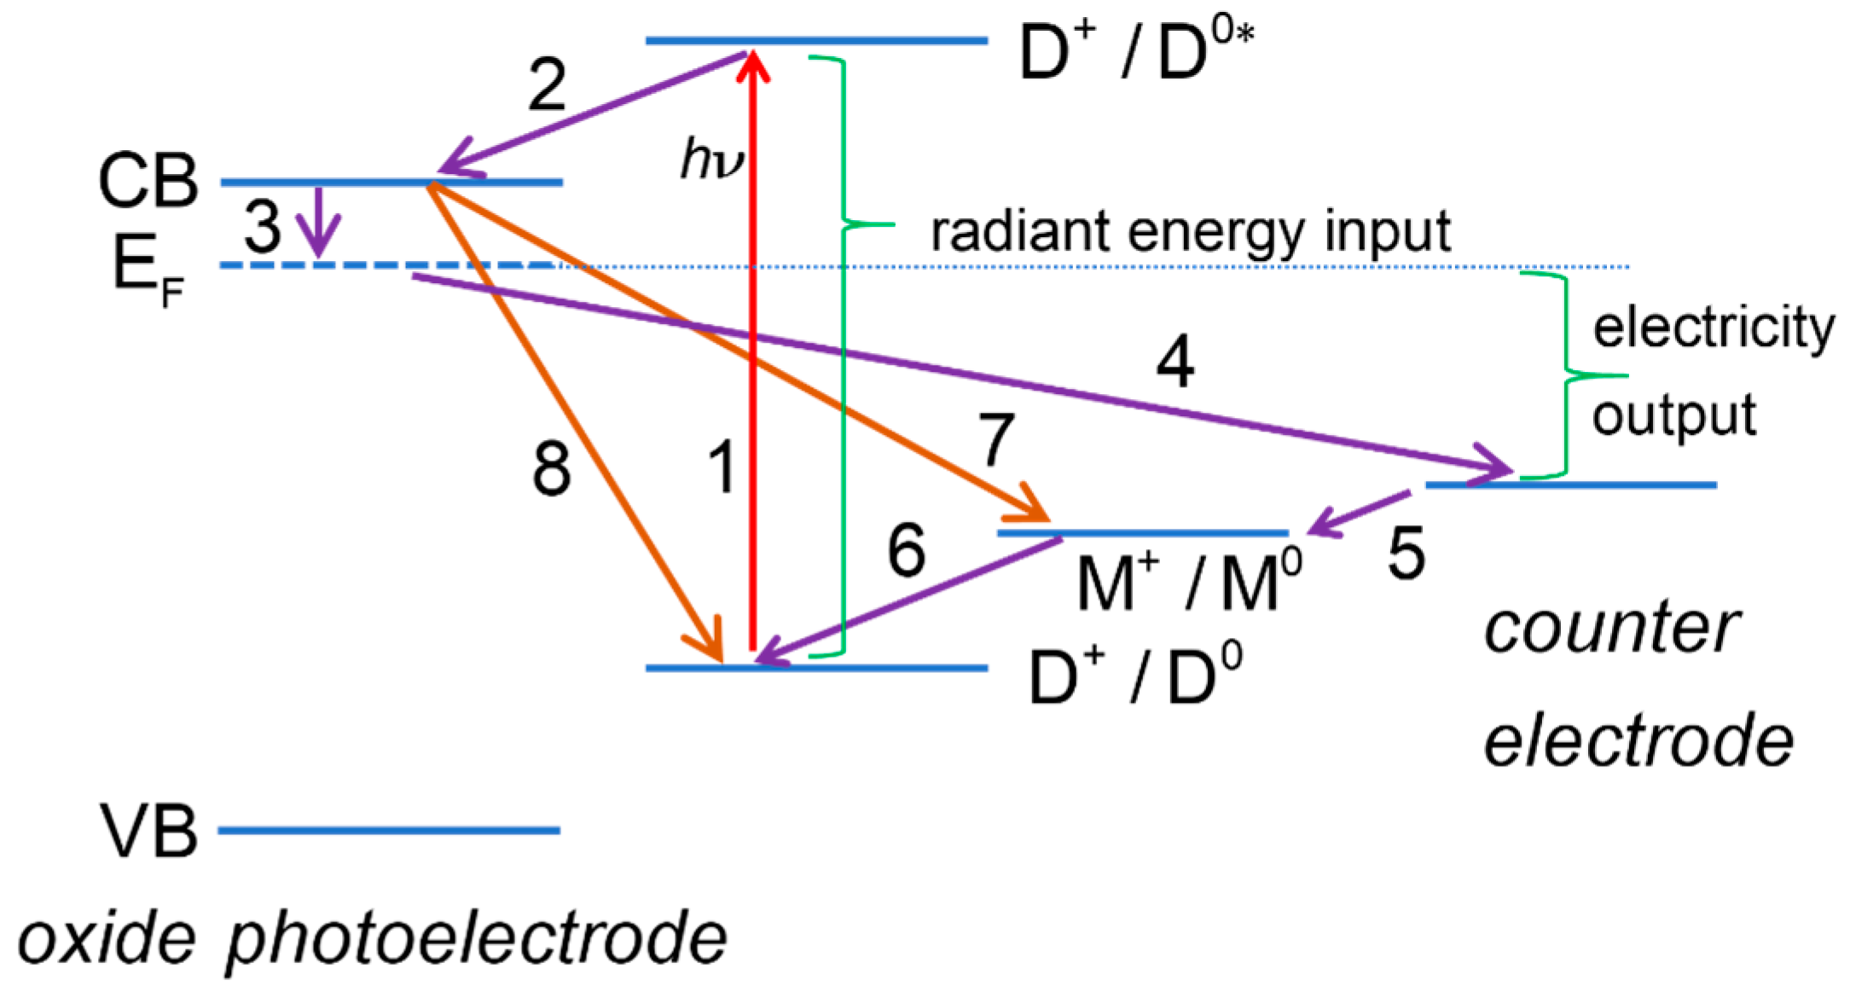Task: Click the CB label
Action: click(148, 182)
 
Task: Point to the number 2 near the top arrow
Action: click(547, 86)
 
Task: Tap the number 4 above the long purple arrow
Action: click(1174, 362)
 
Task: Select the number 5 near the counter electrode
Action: click(1406, 554)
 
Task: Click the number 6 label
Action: click(906, 550)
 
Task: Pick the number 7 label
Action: click(996, 440)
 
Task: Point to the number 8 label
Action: click(551, 469)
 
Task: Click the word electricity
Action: click(1713, 328)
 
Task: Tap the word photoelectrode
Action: click(476, 938)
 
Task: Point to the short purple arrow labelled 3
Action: click(319, 222)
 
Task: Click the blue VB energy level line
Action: click(389, 830)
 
